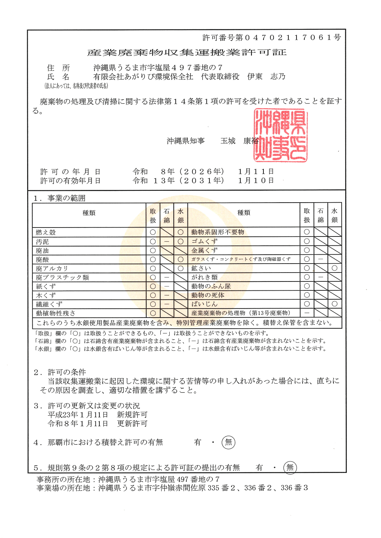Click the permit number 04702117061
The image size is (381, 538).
point(289,38)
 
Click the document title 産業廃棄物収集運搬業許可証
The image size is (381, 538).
point(187,53)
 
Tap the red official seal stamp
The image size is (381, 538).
point(281,135)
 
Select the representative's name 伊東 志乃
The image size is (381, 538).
point(266,77)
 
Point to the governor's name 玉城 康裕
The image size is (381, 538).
point(239,141)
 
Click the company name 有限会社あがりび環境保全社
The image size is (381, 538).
point(143,77)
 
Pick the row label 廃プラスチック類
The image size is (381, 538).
point(62,277)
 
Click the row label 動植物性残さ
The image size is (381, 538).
point(55,313)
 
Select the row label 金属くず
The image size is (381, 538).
point(204,250)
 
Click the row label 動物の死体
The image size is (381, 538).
point(208,295)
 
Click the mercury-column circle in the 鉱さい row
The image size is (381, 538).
point(334,268)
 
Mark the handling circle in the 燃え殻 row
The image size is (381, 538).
point(153,232)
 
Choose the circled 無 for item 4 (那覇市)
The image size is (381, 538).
point(228,442)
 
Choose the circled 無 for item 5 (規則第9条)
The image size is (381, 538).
point(290,467)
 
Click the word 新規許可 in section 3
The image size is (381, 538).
point(132,415)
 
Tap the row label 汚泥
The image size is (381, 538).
point(42,242)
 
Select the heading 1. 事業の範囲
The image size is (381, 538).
point(60,198)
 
